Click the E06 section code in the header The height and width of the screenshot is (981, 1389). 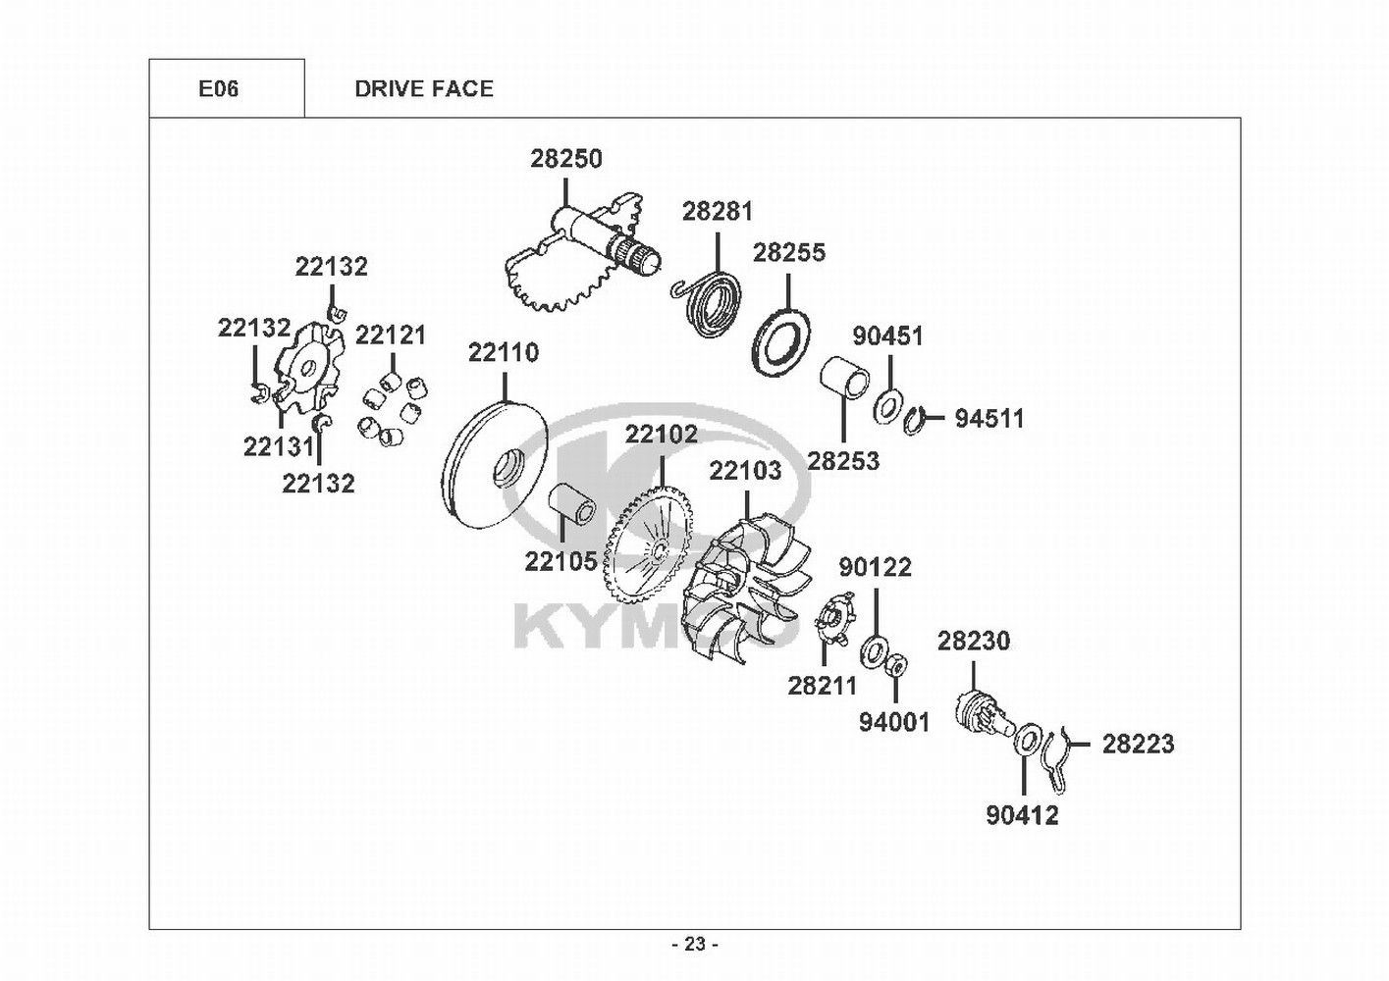coord(218,89)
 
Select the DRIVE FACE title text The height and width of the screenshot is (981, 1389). coord(424,89)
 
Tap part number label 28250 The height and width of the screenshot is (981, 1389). coord(566,159)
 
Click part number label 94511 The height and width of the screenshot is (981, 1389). coord(989,419)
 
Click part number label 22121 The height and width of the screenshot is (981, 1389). coord(391,336)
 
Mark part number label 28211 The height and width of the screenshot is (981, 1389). coord(822,686)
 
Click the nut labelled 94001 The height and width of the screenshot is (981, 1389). coord(896,667)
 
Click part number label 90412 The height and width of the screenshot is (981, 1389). coord(1022,815)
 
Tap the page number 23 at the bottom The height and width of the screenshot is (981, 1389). coord(695,945)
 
